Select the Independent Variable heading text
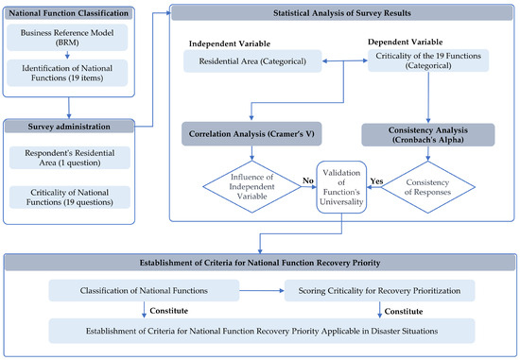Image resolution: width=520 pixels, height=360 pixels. pos(231,44)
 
